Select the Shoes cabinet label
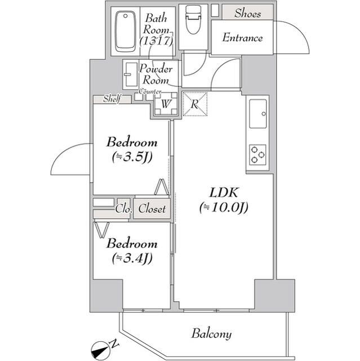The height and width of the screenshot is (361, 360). coord(247,12)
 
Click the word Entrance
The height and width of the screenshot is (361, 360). coord(242,38)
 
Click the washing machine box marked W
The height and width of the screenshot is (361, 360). coord(166,104)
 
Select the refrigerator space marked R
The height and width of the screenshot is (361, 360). coord(195,103)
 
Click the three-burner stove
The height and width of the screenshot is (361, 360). coord(258,155)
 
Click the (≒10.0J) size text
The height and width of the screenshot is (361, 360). coord(223,208)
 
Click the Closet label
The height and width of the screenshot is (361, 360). coord(152,209)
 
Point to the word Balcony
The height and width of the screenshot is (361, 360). coord(211,333)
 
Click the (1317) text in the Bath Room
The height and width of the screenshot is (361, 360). coord(155,41)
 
